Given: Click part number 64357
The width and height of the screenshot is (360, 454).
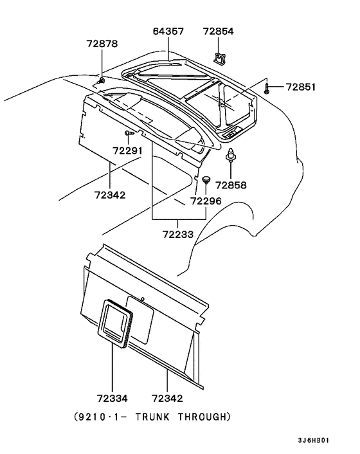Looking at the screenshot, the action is point(168,32).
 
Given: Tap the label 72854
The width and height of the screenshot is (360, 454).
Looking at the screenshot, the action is point(218,32).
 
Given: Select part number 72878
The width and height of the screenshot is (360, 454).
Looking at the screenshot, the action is point(102,44).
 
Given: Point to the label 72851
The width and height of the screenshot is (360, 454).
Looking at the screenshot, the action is point(301,87).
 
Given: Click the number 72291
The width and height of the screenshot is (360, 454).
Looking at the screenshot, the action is point(128,151).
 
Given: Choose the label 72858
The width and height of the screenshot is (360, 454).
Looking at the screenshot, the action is point(231,185).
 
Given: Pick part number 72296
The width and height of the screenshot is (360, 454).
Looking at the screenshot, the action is point(206,201).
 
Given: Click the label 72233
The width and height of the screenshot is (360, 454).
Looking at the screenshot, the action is point(177,234).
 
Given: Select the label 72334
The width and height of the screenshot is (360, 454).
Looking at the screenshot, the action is point(113,399).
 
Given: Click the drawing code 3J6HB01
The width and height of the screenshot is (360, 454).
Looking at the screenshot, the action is point(314,440).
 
